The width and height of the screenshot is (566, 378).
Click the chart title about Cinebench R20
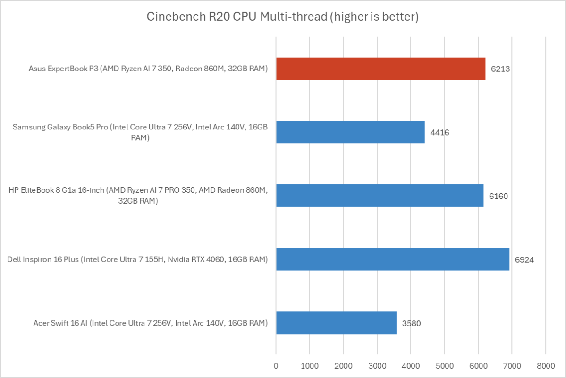point(283,17)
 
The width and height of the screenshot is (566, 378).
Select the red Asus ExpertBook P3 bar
point(380,69)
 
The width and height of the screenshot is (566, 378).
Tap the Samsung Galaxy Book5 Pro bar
point(350,132)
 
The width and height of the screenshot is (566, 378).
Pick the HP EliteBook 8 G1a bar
point(380,196)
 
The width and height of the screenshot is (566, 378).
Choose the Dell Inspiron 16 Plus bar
point(393,259)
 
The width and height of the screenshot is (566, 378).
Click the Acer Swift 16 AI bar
point(336,323)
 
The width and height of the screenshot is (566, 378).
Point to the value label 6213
point(500,69)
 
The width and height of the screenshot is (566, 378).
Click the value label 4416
point(439,132)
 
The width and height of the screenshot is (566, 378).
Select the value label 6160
point(498,196)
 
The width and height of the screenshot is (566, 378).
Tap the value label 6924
point(524,259)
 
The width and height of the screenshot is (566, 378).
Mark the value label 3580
point(411,323)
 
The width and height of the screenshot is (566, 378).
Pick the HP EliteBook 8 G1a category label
point(138,196)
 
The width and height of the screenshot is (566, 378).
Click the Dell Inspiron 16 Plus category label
point(137,259)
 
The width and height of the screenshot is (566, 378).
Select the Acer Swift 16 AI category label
point(151,323)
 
